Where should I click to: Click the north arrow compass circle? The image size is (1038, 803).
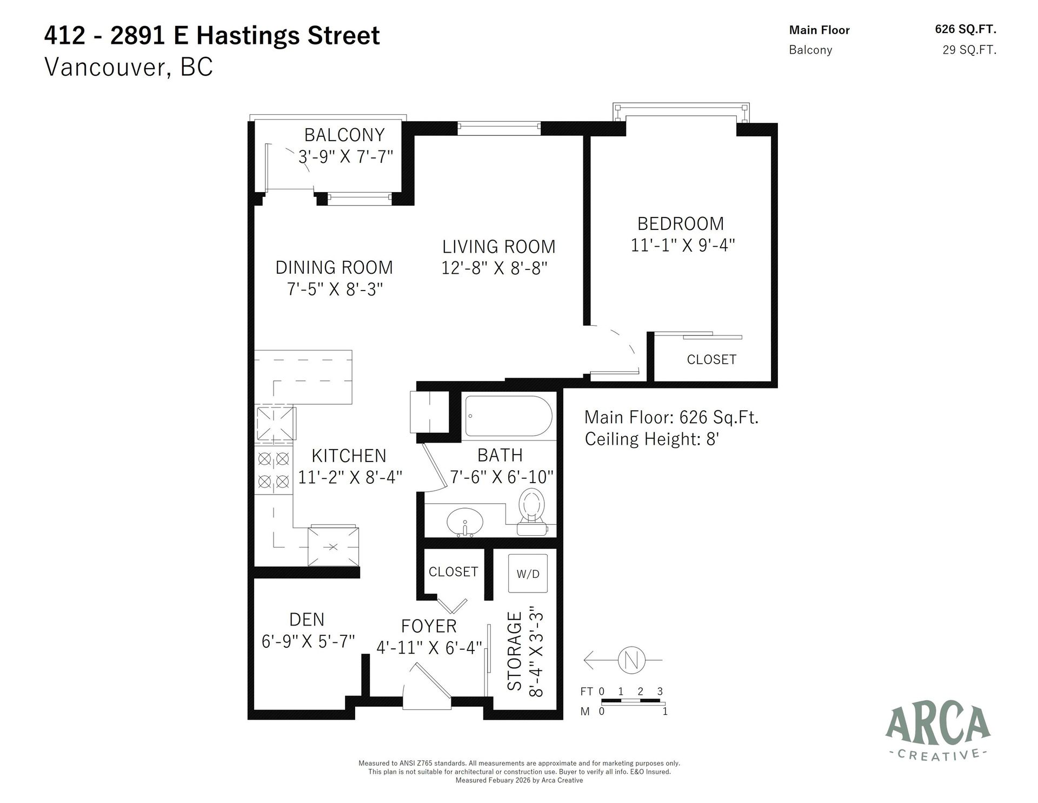point(631,660)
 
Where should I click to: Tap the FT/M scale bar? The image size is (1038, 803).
point(631,701)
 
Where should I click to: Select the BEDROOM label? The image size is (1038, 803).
point(680,223)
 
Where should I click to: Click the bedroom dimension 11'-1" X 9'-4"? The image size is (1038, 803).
point(682,246)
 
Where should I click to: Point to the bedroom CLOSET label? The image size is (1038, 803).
point(711,359)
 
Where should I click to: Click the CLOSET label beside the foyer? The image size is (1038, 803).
point(453,572)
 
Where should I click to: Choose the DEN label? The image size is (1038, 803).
point(307,620)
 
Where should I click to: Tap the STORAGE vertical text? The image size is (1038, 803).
point(514,651)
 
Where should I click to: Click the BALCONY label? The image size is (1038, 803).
point(344,135)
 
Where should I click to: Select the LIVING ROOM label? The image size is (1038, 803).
point(498,247)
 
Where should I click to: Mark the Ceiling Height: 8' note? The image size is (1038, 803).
point(651,439)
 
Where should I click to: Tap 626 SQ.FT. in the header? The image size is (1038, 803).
point(965,30)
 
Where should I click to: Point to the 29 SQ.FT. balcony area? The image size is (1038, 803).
point(969,50)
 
